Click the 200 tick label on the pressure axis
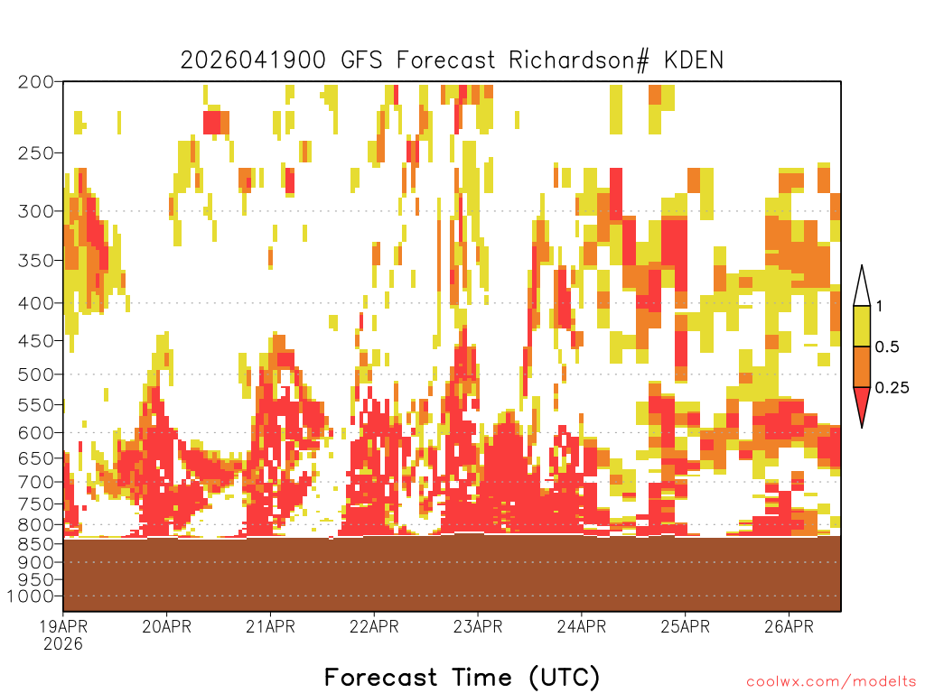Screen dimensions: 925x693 tap(36, 82)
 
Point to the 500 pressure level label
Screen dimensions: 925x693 tap(36, 374)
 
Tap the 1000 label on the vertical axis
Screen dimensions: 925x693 tap(31, 596)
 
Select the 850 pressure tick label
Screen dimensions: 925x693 tap(36, 544)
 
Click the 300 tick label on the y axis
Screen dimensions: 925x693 tap(36, 211)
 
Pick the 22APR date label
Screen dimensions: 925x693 tap(374, 626)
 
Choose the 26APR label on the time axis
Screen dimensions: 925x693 tap(789, 626)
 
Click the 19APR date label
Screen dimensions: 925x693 tap(63, 626)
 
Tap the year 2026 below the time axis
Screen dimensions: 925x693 tap(63, 644)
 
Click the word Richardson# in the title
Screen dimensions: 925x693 tap(579, 60)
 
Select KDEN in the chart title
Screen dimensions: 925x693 tap(693, 60)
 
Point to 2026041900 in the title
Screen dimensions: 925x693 tap(253, 60)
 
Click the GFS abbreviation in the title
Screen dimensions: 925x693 tap(361, 60)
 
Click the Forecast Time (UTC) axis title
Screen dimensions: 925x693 tap(462, 678)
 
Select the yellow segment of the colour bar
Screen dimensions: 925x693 tap(862, 326)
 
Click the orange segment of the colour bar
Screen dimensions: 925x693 tap(862, 366)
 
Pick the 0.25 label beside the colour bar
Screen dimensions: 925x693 tap(892, 388)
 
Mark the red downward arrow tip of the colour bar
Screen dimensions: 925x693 tap(862, 427)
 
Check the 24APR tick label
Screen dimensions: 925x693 tap(581, 626)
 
